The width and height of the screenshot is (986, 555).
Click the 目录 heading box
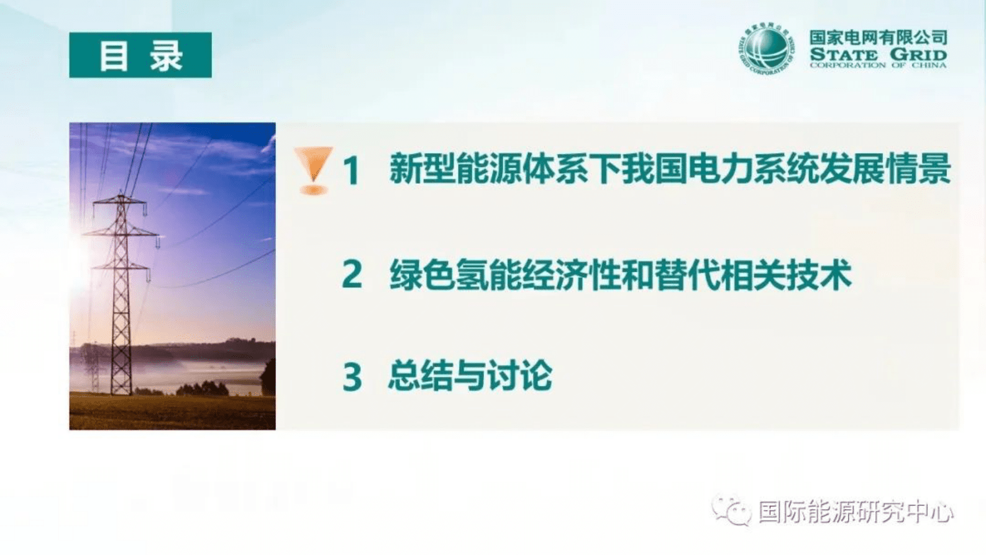pos(140,55)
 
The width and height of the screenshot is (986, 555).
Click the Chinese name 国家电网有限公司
pos(877,38)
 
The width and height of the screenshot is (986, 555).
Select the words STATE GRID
pos(877,54)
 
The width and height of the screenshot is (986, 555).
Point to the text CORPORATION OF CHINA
pos(877,65)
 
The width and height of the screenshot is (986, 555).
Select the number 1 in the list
pos(352,171)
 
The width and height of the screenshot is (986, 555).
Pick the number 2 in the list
pos(352,274)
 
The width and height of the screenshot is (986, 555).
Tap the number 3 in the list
pos(352,377)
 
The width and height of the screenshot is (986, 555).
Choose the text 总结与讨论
pos(470,376)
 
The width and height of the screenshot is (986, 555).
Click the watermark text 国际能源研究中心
pos(856,512)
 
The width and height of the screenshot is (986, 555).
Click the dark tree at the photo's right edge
pos(269,377)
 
